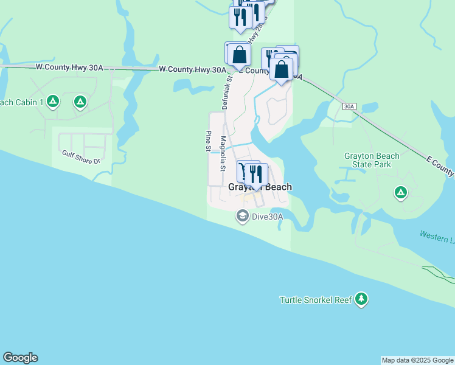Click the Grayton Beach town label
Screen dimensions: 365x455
tap(260, 187)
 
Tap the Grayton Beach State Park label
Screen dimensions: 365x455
tap(372, 160)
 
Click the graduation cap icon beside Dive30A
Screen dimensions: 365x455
tap(242, 216)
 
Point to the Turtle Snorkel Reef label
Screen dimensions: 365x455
tap(316, 299)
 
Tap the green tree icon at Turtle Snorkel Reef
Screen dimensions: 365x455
tap(362, 299)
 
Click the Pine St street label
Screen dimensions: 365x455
tap(208, 141)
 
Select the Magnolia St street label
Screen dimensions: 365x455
tap(223, 153)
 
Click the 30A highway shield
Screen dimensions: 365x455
tap(349, 106)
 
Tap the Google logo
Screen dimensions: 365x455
tap(20, 358)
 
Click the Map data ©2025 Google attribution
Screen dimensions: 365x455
tap(417, 360)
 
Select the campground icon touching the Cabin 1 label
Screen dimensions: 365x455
tap(53, 101)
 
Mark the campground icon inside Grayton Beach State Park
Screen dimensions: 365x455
tap(400, 193)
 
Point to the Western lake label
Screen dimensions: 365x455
tap(437, 234)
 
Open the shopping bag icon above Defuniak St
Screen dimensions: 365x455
tap(240, 55)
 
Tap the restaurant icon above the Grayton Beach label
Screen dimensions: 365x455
tap(255, 175)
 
